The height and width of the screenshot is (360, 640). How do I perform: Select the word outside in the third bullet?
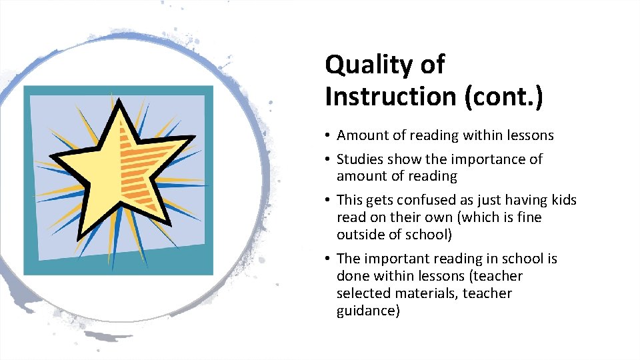click(x=359, y=235)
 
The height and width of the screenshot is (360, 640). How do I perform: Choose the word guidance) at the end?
click(x=368, y=311)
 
